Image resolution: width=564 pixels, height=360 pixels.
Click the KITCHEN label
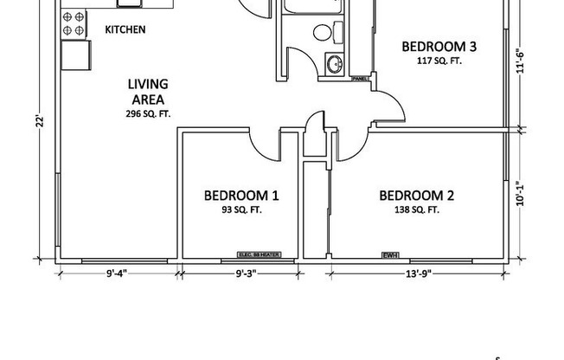[x=125, y=29]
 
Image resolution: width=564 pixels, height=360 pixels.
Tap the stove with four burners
[x=74, y=22]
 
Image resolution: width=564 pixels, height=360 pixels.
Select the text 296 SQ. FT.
[x=148, y=113]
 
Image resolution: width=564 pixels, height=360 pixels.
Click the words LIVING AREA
[x=148, y=92]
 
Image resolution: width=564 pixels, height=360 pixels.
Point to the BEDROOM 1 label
[x=241, y=195]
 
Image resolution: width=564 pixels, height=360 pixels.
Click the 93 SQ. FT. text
[x=241, y=209]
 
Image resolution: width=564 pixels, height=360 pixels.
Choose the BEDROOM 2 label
[x=417, y=195]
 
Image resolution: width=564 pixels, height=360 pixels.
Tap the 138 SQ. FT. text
[x=416, y=209]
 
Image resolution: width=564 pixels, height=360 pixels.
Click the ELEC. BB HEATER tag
[x=257, y=254]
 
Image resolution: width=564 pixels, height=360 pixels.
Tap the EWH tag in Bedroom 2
[x=390, y=254]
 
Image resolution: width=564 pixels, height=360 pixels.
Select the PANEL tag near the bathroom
[x=361, y=80]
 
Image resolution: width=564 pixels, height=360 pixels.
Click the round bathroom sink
[x=333, y=63]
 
